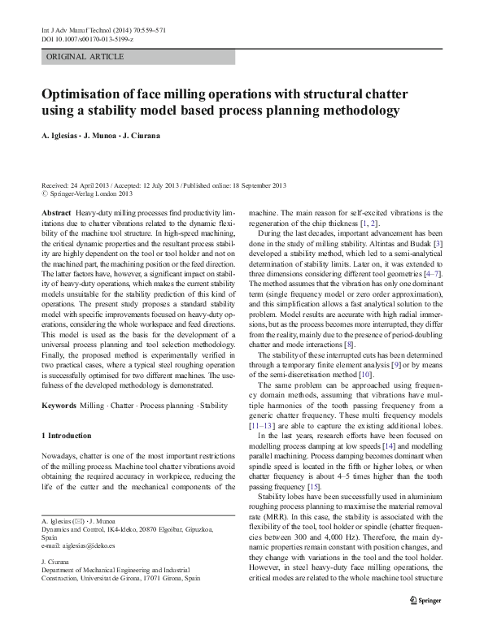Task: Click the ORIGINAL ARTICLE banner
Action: [x=85, y=57]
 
